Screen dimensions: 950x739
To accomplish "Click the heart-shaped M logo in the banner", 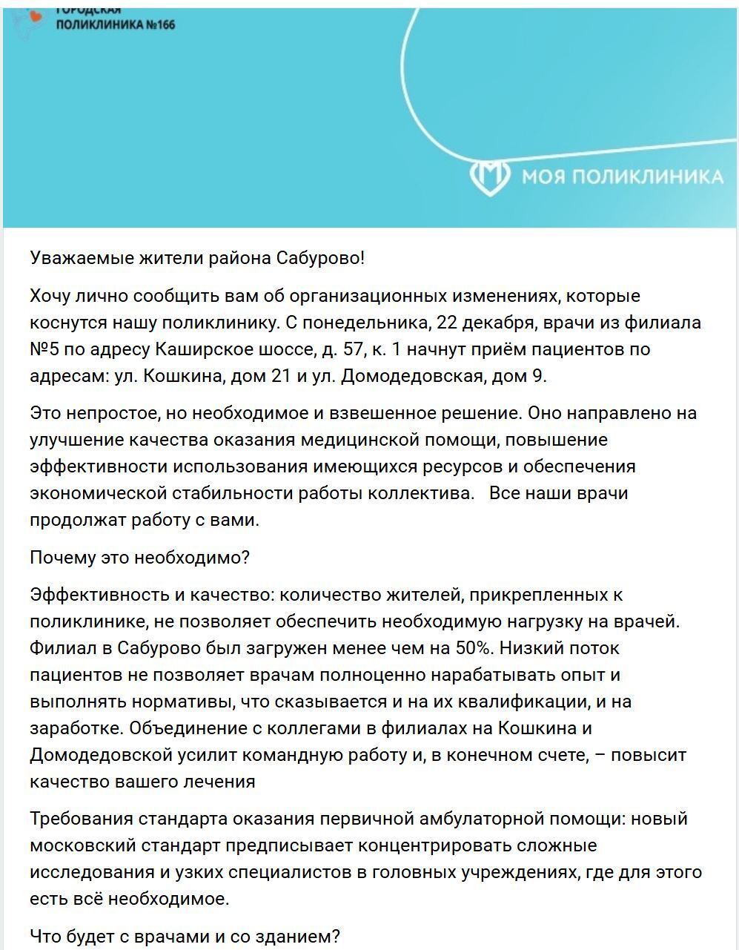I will pyautogui.click(x=490, y=176).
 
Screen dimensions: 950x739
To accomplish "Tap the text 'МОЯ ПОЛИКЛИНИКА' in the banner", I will pyautogui.click(x=622, y=177).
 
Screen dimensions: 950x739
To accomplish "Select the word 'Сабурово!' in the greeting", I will pyautogui.click(x=320, y=258).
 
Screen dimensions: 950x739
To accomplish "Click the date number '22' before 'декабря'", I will pyautogui.click(x=448, y=323).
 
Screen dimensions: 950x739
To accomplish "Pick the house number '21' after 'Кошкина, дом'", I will pyautogui.click(x=281, y=376).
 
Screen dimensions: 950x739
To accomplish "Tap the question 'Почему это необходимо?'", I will pyautogui.click(x=140, y=557).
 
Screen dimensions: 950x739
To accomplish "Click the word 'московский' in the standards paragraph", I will pyautogui.click(x=82, y=845).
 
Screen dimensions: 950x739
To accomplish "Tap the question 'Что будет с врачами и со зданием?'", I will pyautogui.click(x=185, y=936).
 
